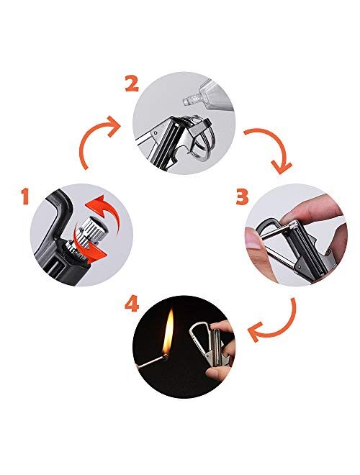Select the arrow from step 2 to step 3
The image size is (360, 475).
(x=270, y=148)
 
